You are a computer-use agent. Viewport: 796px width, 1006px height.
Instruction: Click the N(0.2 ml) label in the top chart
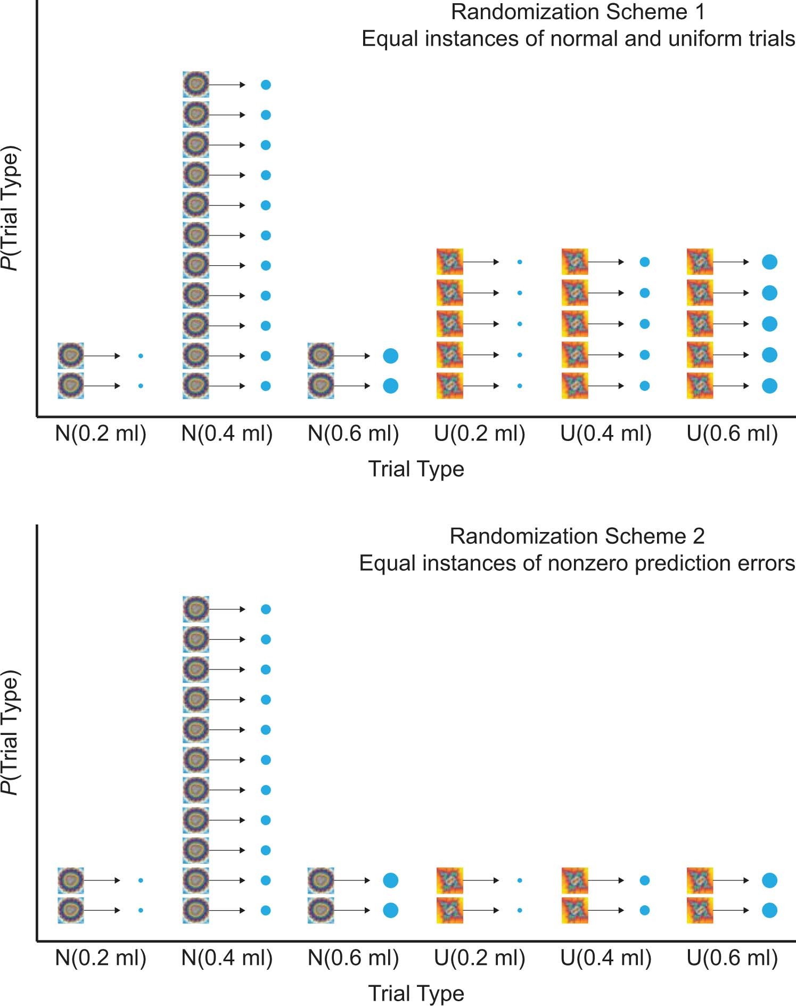101,434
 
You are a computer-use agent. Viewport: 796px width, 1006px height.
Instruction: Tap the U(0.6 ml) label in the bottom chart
732,958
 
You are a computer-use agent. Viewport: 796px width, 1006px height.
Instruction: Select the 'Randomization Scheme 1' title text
578,12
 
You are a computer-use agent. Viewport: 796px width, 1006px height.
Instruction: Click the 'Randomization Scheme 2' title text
577,536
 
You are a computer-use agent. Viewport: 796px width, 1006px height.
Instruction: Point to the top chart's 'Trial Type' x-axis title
416,469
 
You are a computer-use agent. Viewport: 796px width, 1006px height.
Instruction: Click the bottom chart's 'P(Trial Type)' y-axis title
11,732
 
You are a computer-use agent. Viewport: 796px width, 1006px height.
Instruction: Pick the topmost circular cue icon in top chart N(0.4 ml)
196,85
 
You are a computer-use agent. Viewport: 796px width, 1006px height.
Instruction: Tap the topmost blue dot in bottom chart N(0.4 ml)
266,609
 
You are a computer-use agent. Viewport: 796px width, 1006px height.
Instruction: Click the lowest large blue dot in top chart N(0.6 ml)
390,386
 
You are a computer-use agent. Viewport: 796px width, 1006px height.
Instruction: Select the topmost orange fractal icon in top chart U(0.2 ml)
449,261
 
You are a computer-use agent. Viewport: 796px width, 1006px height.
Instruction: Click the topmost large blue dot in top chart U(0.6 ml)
769,261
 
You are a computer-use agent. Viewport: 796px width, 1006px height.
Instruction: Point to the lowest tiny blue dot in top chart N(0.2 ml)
141,386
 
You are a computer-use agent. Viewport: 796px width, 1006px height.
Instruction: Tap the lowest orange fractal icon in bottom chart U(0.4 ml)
575,910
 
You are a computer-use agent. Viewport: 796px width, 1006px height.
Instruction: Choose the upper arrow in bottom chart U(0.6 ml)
731,880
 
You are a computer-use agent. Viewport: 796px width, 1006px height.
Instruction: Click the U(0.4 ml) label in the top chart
606,434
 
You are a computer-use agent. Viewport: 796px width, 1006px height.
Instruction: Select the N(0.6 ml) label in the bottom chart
353,958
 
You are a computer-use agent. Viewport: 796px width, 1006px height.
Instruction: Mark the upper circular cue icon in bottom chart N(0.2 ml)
71,880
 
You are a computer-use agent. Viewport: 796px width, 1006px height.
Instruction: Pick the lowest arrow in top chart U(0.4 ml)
605,386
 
